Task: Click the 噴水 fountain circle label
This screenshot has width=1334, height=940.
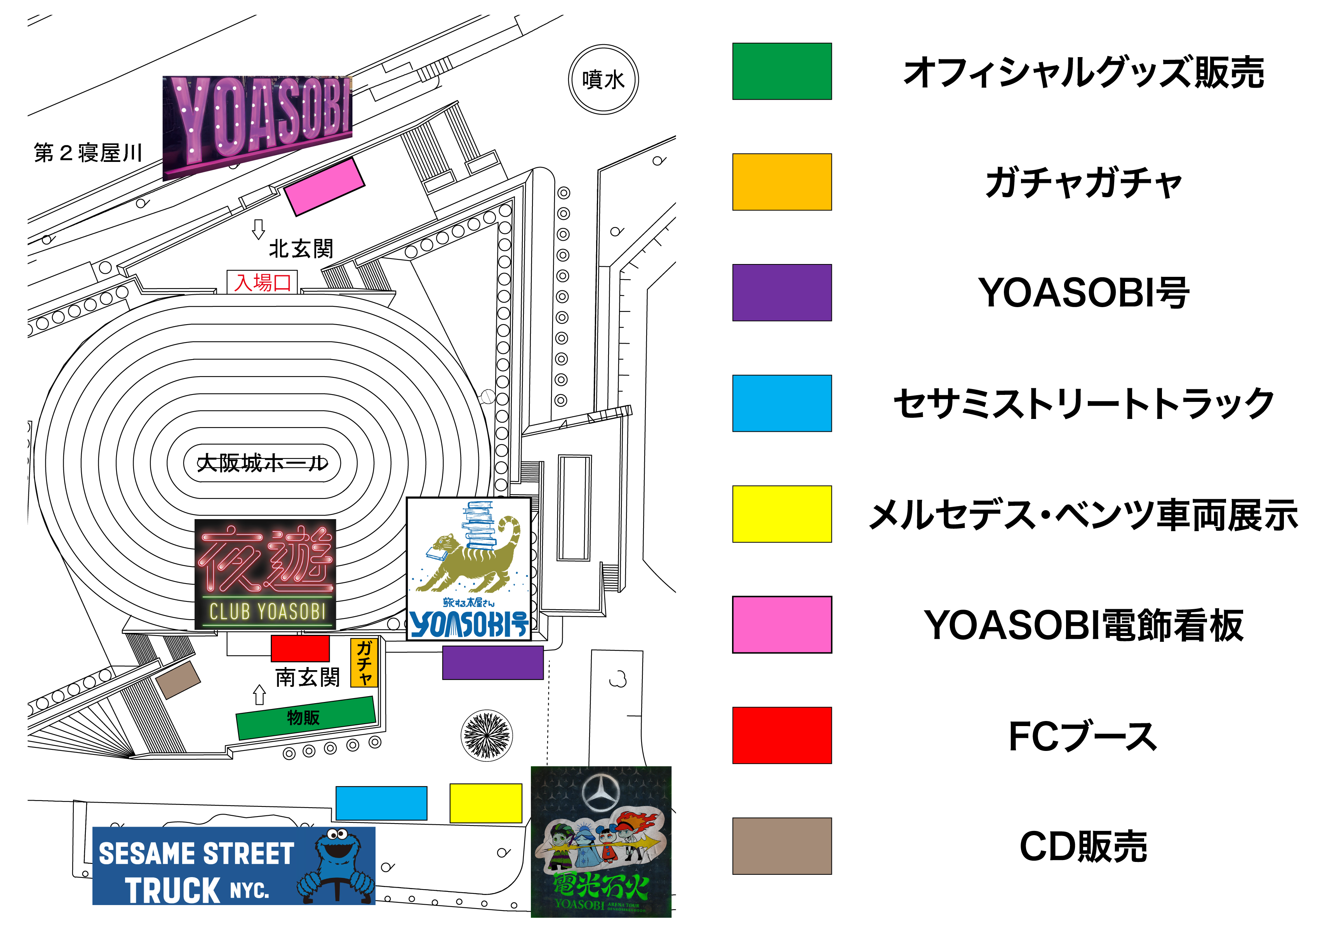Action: coord(603,80)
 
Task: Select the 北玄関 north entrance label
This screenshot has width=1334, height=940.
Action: coord(301,248)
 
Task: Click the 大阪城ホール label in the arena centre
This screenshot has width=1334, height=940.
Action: coord(262,463)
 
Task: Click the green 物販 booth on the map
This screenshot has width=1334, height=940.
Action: coord(305,718)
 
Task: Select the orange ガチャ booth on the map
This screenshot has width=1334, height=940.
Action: coord(364,663)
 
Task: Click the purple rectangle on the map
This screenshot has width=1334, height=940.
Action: coord(493,663)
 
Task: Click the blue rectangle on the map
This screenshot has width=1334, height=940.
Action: coord(381,803)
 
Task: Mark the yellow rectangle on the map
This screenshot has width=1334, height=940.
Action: coord(486,803)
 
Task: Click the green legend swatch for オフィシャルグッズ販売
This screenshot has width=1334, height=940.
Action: coord(781,71)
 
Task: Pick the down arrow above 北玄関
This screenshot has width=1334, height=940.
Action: coord(259,229)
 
